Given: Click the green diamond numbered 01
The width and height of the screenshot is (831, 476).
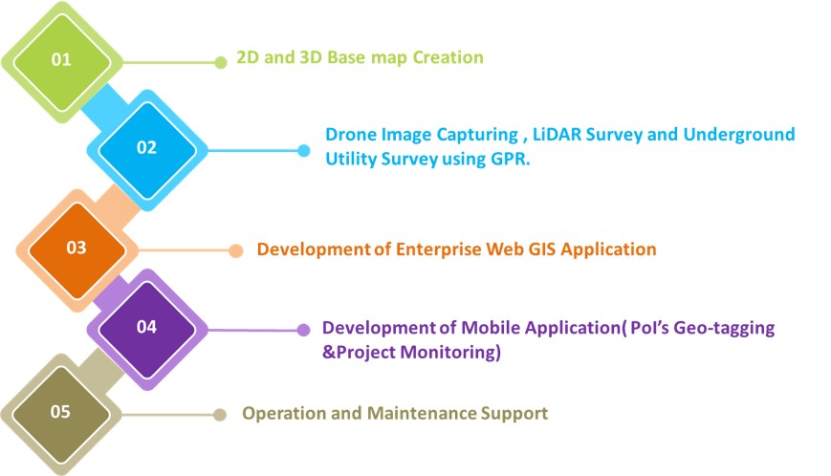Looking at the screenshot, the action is [x=61, y=62].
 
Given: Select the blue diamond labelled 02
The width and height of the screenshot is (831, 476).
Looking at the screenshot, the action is [x=147, y=150].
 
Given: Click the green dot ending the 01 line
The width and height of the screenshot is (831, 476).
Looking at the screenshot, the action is [x=221, y=62].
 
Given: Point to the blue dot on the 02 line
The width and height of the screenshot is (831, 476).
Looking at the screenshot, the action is [x=304, y=151].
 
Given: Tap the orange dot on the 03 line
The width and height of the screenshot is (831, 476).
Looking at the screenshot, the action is [x=236, y=251].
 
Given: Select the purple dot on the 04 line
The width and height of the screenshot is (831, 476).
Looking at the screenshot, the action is [x=304, y=331].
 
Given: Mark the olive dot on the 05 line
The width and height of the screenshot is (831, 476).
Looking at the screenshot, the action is [x=219, y=415].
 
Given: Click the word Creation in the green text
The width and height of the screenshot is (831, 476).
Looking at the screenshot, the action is [x=448, y=57].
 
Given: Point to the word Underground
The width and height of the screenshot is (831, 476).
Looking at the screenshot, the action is [x=739, y=135].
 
